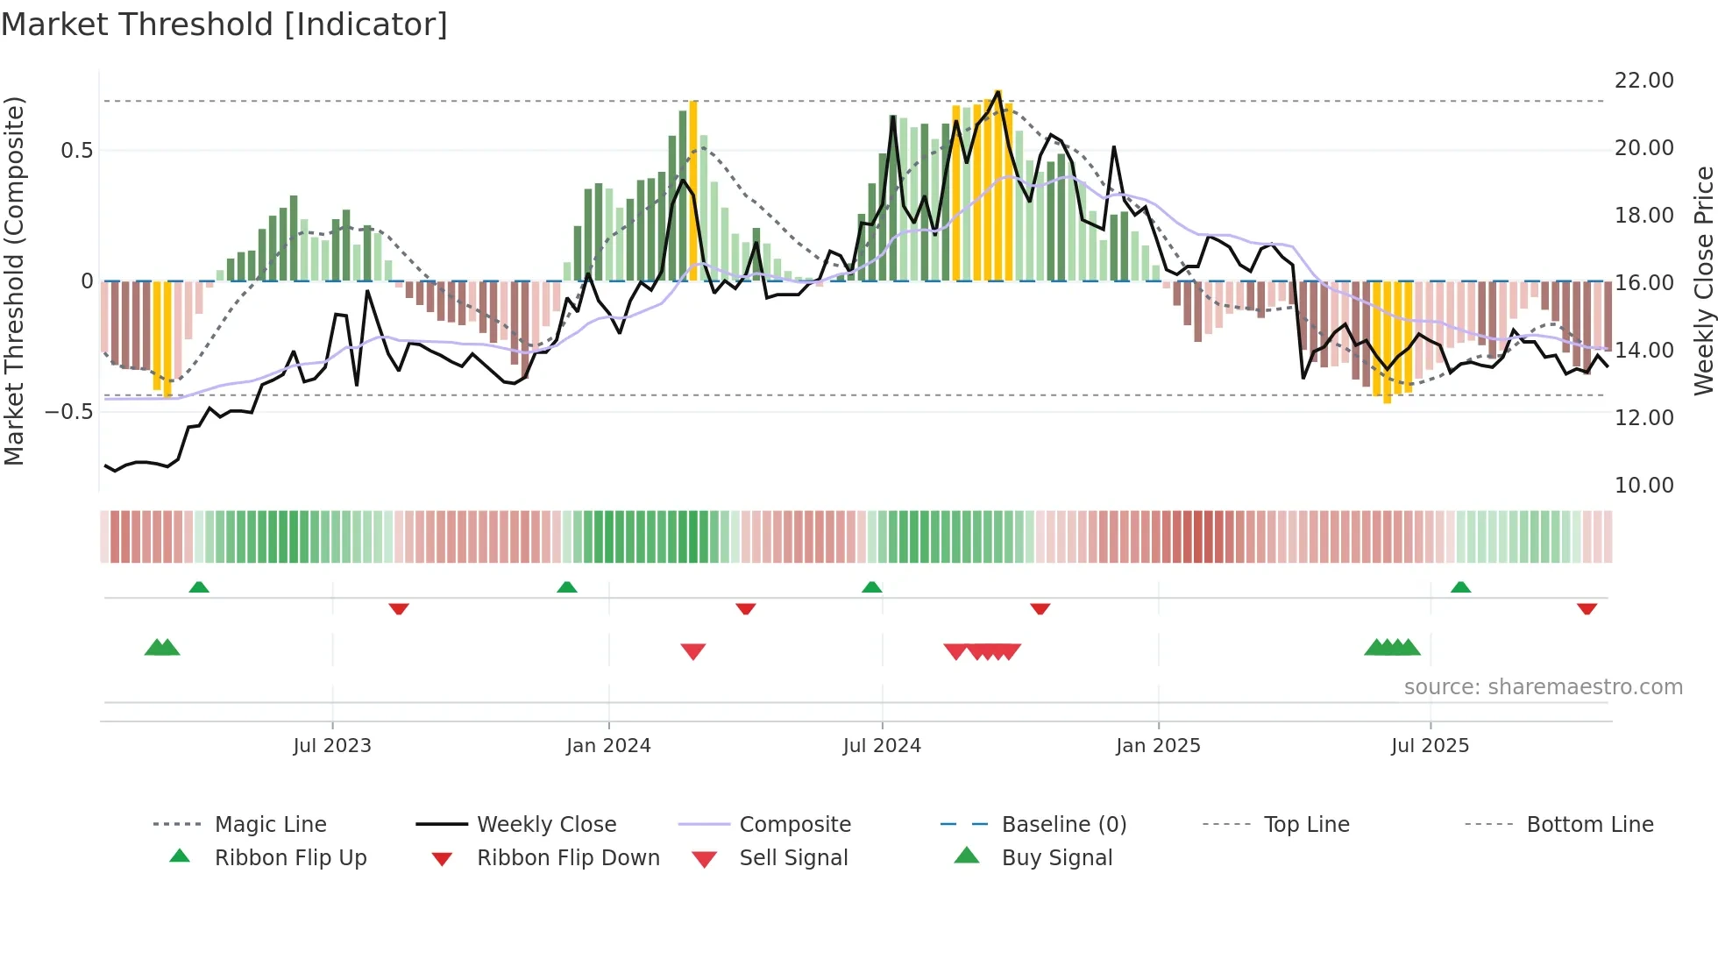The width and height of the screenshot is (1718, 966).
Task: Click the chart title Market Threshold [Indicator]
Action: [x=224, y=25]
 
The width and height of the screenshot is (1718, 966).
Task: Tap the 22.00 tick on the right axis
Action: [x=1643, y=81]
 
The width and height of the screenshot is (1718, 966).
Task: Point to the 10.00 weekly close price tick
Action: [x=1643, y=486]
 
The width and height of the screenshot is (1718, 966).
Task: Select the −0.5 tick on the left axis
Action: [x=68, y=412]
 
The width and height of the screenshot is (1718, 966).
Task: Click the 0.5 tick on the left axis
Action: [x=76, y=151]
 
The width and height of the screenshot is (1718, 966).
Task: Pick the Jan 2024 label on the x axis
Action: [x=608, y=746]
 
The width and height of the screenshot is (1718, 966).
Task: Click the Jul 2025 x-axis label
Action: [x=1430, y=746]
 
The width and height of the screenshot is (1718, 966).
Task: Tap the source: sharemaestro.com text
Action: [x=1543, y=687]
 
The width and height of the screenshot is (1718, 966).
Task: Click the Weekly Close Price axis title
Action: [x=1703, y=281]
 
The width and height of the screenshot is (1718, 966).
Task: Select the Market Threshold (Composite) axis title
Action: [x=14, y=281]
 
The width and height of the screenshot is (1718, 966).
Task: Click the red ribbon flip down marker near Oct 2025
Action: [x=1587, y=608]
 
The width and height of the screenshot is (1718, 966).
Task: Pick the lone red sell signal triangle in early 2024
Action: [x=693, y=651]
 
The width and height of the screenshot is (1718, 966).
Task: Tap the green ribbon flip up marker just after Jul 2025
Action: [x=1460, y=587]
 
